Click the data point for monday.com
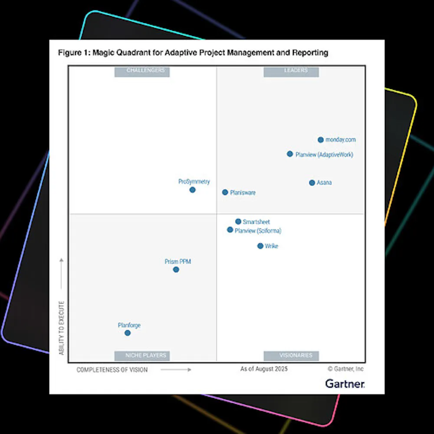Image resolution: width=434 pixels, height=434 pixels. point(321,140)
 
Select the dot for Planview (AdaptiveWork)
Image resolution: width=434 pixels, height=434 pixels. point(290,154)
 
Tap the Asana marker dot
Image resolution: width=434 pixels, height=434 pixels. point(312,183)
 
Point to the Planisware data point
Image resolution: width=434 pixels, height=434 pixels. point(225,192)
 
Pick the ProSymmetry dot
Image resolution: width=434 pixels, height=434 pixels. point(192,190)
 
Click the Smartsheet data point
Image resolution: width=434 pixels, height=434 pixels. point(238,221)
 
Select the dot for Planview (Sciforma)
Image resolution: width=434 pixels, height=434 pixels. point(230,230)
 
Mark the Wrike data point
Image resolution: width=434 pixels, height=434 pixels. point(260,246)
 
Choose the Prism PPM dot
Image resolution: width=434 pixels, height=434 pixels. point(176,270)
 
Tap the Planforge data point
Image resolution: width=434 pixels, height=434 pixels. point(128,333)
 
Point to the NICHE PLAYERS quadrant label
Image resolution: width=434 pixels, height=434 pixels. point(142,355)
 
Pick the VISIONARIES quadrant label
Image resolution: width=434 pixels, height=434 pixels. point(291,355)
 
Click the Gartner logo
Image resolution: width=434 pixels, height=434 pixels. point(345,384)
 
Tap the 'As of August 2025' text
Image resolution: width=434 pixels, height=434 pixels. point(264,369)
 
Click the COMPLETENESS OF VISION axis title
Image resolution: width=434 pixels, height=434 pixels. point(112,370)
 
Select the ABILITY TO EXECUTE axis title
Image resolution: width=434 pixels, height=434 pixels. point(62,328)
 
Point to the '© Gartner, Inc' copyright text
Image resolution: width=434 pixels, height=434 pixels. point(346,369)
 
